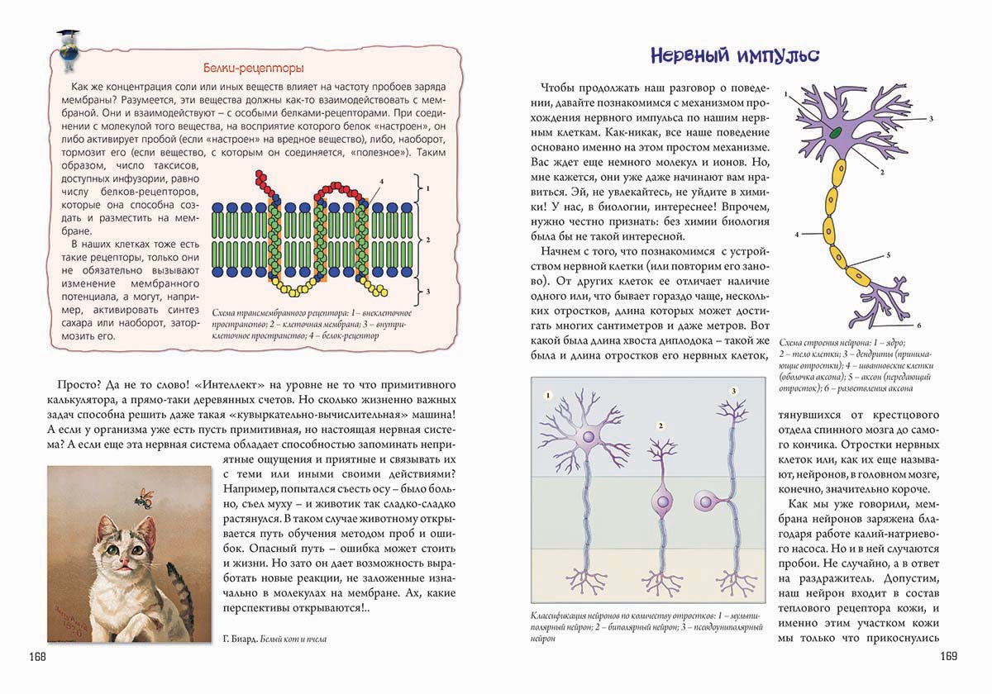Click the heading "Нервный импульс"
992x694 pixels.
pos(734,56)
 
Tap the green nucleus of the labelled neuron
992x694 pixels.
pos(837,131)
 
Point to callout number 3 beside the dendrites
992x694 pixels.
pos(931,119)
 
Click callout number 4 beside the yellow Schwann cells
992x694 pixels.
pos(798,235)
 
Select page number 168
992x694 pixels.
pos(36,657)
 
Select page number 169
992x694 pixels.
pos(947,657)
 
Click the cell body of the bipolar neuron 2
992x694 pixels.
pos(662,502)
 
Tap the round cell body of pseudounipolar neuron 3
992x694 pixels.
pos(705,501)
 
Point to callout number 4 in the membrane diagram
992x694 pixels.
pos(381,181)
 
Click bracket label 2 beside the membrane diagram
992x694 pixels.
pos(427,239)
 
